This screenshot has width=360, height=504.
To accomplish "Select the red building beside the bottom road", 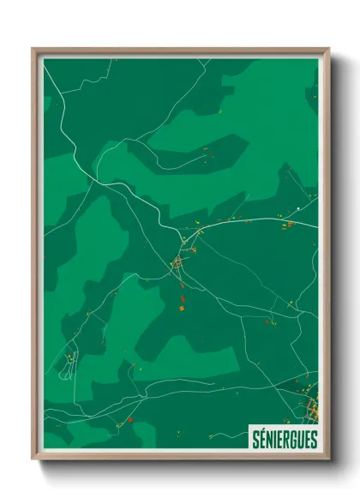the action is (x=129, y=419).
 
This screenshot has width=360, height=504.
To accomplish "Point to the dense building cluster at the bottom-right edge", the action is (x=311, y=406).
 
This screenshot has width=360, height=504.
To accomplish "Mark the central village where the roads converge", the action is (x=179, y=261).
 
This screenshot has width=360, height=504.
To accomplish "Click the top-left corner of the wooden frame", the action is (x=34, y=50).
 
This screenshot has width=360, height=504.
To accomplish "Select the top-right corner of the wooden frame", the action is (x=327, y=50).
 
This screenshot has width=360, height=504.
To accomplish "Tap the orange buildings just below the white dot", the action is (x=289, y=225).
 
